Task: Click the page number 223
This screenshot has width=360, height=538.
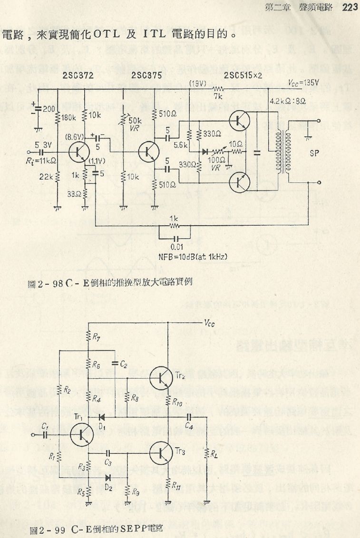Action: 350,7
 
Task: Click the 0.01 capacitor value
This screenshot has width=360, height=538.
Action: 177,247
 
